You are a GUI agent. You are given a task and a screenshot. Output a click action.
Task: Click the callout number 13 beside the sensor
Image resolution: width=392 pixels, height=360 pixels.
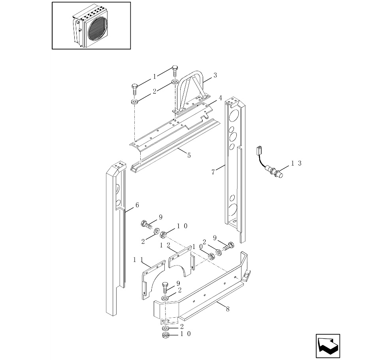point(296,163)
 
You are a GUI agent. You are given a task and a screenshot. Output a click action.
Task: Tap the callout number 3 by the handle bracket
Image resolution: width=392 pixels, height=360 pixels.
point(215,75)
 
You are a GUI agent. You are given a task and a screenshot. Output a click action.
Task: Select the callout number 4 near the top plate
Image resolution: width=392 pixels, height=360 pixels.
point(220,98)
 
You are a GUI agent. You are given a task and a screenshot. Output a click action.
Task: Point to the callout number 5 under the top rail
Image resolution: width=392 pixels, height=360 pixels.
point(189,156)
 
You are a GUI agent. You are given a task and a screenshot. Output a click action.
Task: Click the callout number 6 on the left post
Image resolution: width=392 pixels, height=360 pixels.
point(137,205)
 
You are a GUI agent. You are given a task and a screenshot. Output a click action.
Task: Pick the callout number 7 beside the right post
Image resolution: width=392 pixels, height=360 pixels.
point(213,172)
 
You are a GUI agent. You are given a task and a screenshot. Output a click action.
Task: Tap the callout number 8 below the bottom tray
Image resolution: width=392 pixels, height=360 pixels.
point(228,309)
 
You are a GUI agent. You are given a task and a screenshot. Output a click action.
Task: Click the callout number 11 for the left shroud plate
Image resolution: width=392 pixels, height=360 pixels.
point(138,260)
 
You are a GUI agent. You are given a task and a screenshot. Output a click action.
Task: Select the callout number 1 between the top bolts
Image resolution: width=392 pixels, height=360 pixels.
point(155,77)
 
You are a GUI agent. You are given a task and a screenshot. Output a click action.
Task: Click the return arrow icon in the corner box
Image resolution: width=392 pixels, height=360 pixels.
point(328,346)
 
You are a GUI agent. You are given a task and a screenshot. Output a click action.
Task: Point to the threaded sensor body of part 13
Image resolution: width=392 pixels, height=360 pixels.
point(275,171)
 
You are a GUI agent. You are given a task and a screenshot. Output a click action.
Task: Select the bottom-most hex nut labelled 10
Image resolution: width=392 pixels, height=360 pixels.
point(165,335)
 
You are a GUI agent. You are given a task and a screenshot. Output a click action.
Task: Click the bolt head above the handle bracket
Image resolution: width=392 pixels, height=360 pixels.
point(175,68)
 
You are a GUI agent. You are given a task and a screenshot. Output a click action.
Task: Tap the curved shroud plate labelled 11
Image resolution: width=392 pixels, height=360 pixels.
point(153,279)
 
